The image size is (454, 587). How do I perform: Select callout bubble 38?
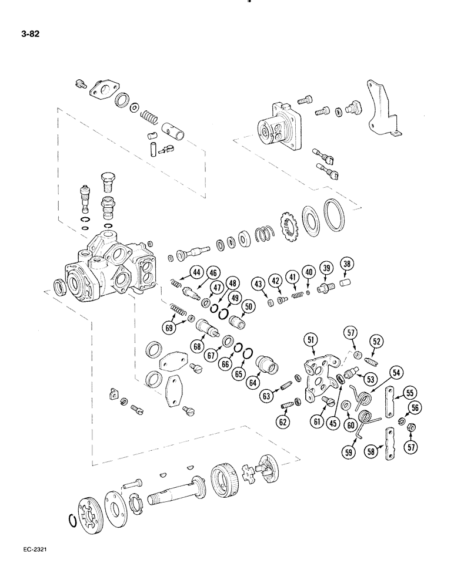pos(346,265)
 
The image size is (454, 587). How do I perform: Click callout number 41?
pos(292,276)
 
